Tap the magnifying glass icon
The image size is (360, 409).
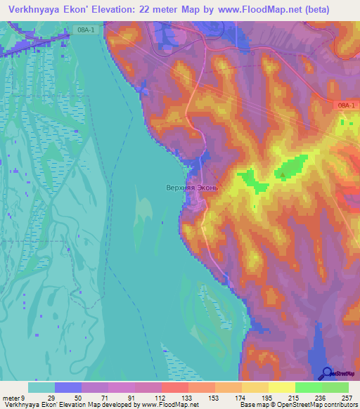click(328, 373)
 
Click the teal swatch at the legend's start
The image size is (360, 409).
click(41, 387)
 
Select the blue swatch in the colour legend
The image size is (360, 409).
click(68, 387)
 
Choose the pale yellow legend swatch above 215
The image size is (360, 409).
click(282, 387)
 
